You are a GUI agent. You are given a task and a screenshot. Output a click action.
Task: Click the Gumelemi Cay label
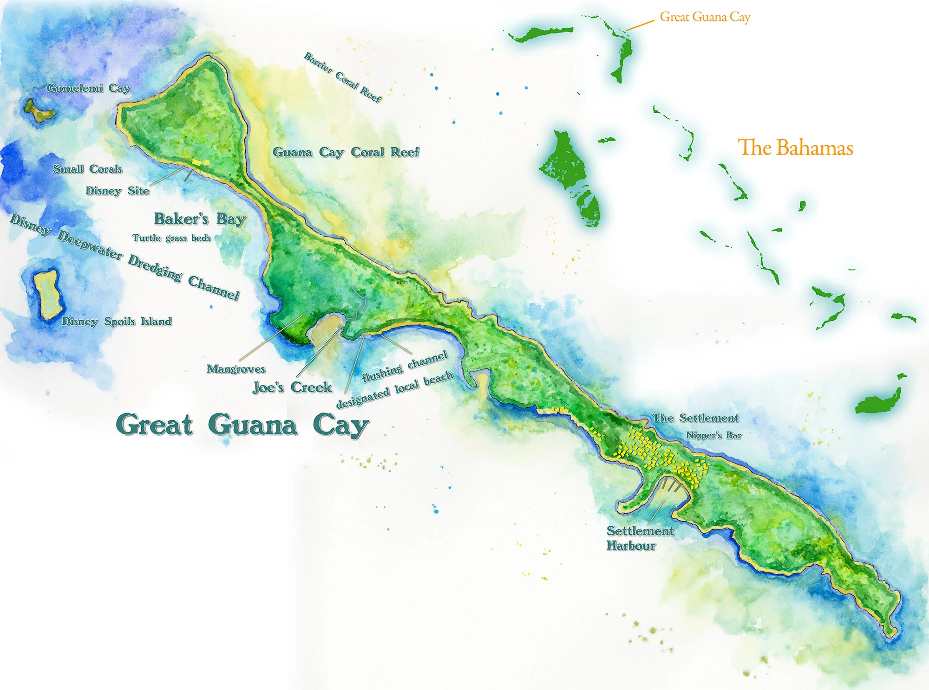point(88,88)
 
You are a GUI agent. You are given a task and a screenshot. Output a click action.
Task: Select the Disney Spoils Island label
point(117,322)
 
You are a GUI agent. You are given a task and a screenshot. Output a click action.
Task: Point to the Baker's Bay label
point(200,219)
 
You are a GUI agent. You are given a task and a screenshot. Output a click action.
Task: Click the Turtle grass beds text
point(171,238)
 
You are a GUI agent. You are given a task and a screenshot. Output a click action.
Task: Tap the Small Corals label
point(87,169)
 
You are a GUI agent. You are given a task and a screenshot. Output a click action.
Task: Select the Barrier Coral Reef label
point(343,77)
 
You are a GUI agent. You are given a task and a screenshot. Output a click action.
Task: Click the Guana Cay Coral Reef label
point(346,152)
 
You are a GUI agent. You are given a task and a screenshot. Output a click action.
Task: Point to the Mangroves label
point(236,369)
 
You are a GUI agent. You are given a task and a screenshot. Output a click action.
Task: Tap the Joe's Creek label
point(292,387)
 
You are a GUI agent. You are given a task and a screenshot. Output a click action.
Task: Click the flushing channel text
point(405,366)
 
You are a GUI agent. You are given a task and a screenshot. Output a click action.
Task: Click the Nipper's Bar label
point(713,435)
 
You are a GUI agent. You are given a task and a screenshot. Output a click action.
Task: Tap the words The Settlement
point(695,418)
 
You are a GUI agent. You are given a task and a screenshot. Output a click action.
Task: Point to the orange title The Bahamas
point(795,148)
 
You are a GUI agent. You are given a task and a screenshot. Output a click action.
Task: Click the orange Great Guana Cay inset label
point(705,17)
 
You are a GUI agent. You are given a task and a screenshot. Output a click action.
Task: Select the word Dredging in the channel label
point(155,267)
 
